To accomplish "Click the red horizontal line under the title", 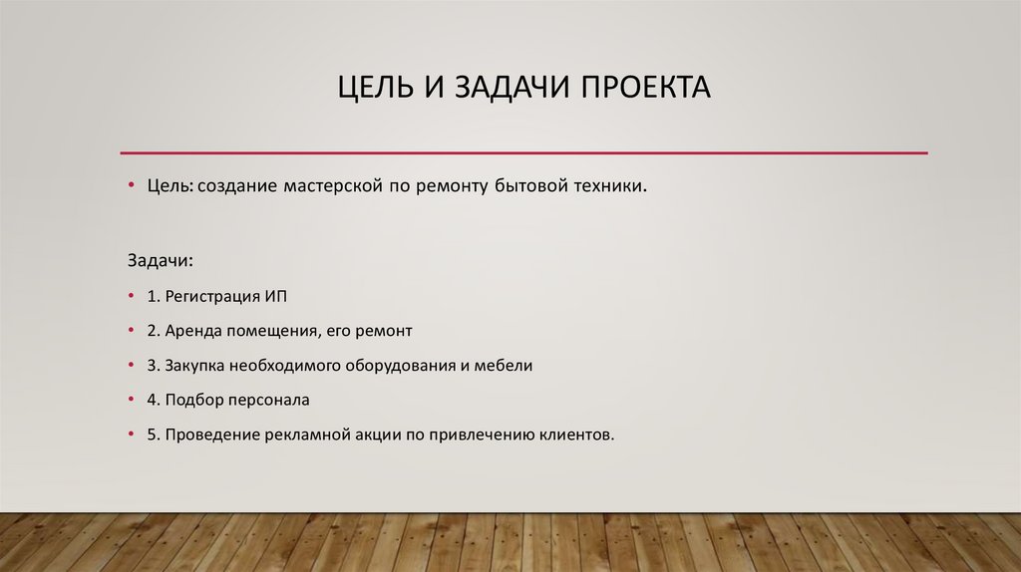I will pyautogui.click(x=523, y=152).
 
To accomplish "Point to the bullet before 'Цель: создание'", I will pyautogui.click(x=132, y=186).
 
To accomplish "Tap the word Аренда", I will pyautogui.click(x=192, y=330).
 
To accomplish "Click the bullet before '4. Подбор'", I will pyautogui.click(x=132, y=400).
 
